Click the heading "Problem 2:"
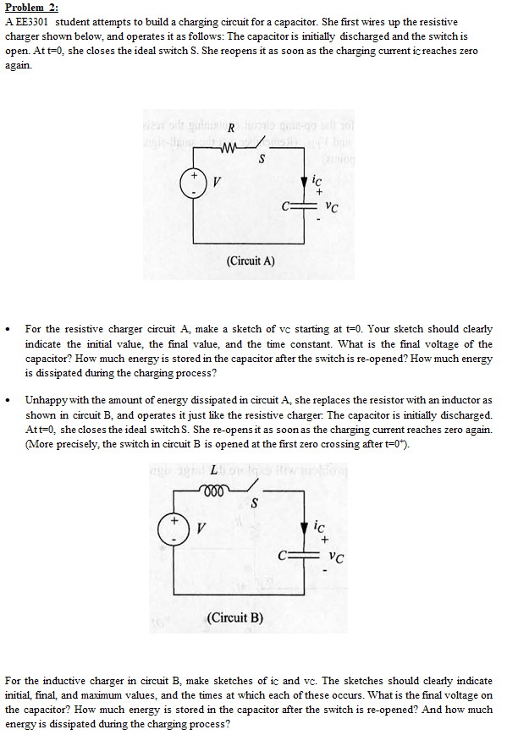click(30, 7)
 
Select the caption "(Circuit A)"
click(251, 261)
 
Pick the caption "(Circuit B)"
click(234, 617)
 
